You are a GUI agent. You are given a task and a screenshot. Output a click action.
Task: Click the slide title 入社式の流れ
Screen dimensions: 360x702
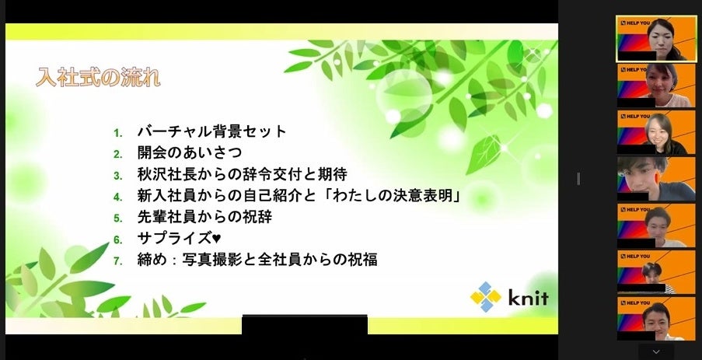(x=98, y=78)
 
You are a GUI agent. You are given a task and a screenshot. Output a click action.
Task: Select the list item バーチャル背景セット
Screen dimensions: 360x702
(x=212, y=131)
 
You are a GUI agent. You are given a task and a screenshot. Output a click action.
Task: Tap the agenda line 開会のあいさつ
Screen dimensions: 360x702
(x=190, y=152)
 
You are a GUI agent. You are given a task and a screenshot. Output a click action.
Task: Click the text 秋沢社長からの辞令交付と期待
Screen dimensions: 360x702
(x=242, y=174)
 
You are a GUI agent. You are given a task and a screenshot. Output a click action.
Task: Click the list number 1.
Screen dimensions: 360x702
(x=117, y=132)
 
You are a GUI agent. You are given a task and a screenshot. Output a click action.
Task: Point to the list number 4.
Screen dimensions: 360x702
(x=117, y=197)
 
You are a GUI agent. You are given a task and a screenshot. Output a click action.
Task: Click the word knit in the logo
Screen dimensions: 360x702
(x=528, y=298)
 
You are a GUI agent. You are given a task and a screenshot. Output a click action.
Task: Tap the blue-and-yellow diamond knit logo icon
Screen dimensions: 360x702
(x=486, y=297)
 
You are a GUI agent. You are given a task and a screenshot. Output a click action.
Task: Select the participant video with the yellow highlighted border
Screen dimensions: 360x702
(x=655, y=39)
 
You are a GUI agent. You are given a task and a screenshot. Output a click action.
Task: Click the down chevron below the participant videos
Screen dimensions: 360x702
(x=655, y=351)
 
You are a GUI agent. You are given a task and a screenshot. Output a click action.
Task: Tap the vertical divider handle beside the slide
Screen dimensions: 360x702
(x=578, y=179)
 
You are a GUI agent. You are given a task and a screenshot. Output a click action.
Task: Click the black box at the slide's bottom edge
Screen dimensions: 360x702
(x=305, y=324)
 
